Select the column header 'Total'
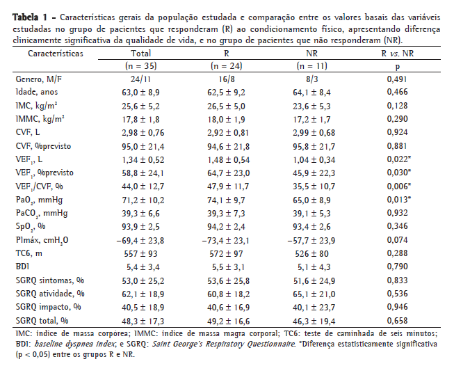click(x=141, y=53)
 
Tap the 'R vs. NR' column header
click(x=397, y=53)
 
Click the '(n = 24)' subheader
click(x=227, y=65)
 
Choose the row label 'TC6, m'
click(x=30, y=253)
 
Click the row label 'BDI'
click(x=22, y=266)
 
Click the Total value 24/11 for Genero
click(x=141, y=79)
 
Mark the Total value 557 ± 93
click(x=141, y=253)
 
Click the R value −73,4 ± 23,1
click(x=227, y=239)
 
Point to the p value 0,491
click(x=397, y=79)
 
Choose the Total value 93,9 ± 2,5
click(x=141, y=226)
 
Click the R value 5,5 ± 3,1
click(x=227, y=266)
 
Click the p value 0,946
click(x=397, y=306)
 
